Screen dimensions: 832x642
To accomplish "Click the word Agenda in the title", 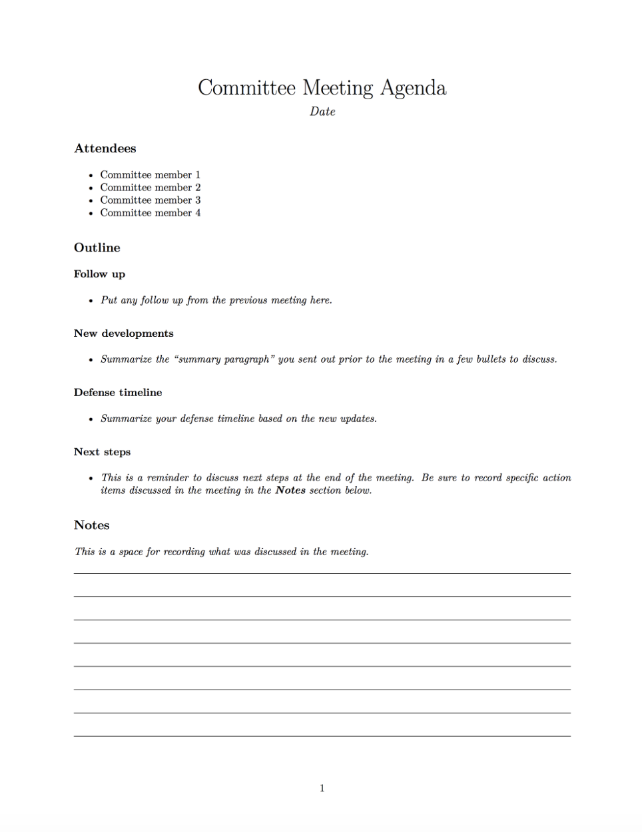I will click(413, 89).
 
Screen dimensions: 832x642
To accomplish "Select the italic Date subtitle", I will click(322, 112).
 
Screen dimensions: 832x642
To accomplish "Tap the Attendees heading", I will click(105, 148).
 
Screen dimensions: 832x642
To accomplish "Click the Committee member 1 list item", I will click(150, 175).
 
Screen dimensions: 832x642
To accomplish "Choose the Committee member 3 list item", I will click(150, 200).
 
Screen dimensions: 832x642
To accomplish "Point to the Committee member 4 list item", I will click(150, 213).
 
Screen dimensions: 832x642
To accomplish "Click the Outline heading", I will click(97, 248).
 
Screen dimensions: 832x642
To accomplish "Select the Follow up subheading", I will click(99, 274).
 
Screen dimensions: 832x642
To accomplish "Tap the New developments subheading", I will click(123, 333).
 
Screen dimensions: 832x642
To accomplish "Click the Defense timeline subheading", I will click(118, 393).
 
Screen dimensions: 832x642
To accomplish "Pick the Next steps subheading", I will click(102, 452).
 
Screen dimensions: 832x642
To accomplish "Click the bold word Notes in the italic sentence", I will click(290, 491).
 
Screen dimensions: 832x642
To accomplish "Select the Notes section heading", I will click(92, 525).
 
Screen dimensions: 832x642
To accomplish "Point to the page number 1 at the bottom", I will click(322, 789).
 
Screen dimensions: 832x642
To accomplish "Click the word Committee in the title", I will click(246, 88).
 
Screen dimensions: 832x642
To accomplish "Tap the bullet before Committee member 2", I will click(91, 188).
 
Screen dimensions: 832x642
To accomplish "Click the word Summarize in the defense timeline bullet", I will click(126, 419).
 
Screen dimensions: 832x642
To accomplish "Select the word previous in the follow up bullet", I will click(248, 300).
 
